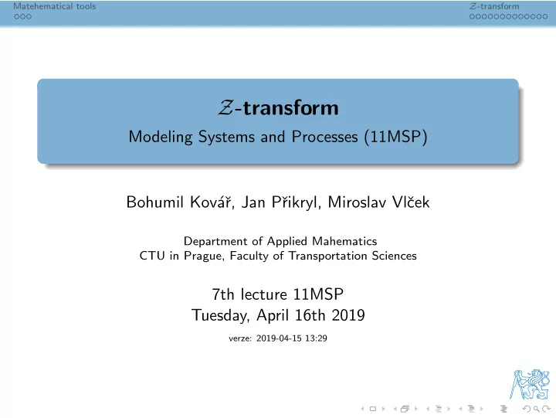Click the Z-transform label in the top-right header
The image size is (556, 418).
(x=494, y=6)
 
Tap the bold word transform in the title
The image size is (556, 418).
(x=291, y=108)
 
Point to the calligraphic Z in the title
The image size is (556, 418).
(x=225, y=108)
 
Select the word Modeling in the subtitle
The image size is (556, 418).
(x=161, y=137)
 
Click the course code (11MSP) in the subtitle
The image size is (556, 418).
(x=395, y=137)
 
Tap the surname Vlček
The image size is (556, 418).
(x=411, y=202)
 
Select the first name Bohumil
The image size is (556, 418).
(x=155, y=202)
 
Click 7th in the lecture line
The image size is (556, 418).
(x=223, y=294)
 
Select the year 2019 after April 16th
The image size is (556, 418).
(x=347, y=315)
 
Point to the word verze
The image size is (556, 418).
(x=240, y=338)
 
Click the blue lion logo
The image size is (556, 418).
(x=530, y=384)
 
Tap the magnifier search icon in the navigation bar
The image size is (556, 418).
(x=536, y=410)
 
